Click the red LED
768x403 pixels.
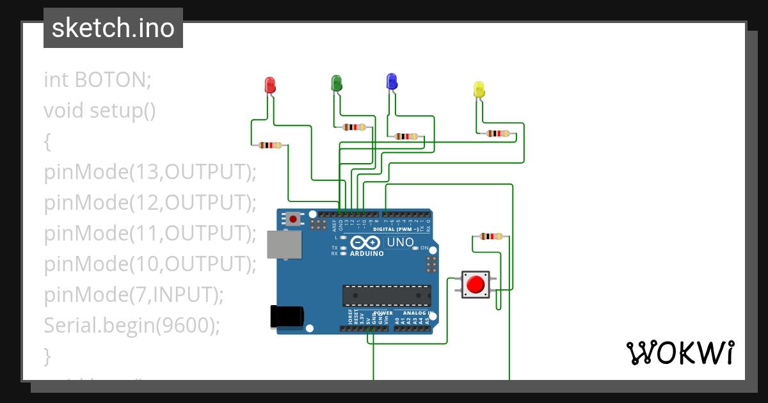click(270, 85)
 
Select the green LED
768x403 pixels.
click(336, 83)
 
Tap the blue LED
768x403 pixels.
click(391, 81)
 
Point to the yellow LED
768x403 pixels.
click(478, 90)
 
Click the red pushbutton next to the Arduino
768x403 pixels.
click(476, 284)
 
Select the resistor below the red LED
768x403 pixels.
click(269, 145)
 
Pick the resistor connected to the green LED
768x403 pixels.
click(354, 127)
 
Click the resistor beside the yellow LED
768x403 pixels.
click(498, 133)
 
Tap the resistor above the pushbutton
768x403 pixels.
click(490, 236)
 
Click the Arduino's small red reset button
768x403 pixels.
click(293, 219)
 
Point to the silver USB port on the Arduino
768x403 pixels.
click(284, 245)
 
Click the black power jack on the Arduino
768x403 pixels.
click(286, 316)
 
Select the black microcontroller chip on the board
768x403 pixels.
click(386, 295)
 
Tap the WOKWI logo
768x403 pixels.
click(680, 352)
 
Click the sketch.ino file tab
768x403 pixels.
click(113, 28)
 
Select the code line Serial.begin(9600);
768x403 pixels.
click(132, 325)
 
